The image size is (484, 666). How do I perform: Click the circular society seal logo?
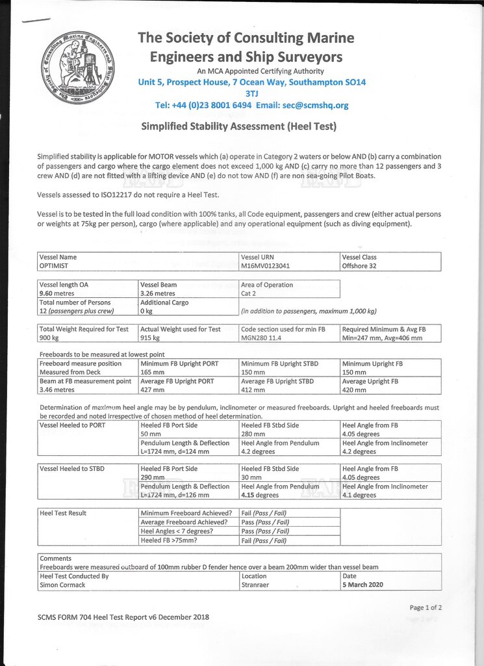[x=77, y=64]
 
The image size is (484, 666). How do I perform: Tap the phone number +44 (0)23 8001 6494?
[x=211, y=105]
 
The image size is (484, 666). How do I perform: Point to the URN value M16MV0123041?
[x=266, y=265]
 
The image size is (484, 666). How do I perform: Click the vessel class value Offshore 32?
[x=359, y=265]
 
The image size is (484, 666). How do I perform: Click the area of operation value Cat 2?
[x=251, y=293]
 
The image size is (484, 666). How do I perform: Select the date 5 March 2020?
[x=363, y=585]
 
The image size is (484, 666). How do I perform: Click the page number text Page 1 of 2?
[x=426, y=607]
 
